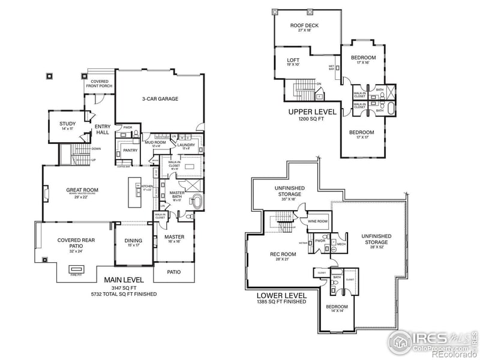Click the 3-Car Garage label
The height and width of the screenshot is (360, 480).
pyautogui.click(x=160, y=99)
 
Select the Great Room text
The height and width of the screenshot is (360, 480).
pyautogui.click(x=82, y=190)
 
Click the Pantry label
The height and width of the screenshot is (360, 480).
pyautogui.click(x=131, y=150)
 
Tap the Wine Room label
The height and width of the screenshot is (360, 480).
pyautogui.click(x=319, y=221)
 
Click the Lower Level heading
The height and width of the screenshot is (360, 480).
pyautogui.click(x=281, y=295)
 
